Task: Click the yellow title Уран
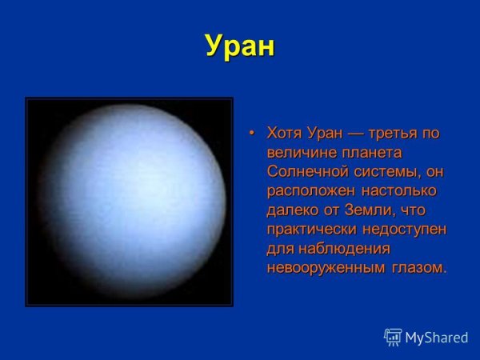[239, 46]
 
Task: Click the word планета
[370, 152]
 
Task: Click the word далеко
[290, 210]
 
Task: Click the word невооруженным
[324, 268]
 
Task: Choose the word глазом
[418, 268]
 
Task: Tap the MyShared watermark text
[436, 338]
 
